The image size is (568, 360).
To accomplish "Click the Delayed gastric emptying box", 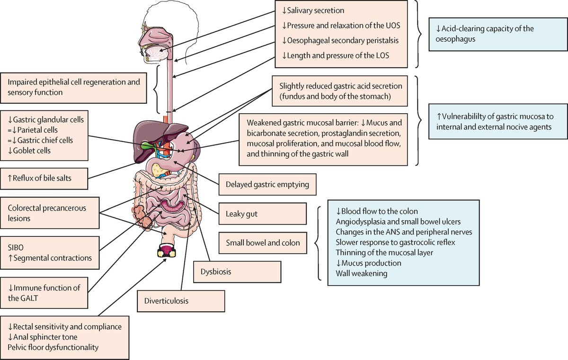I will click(267, 185).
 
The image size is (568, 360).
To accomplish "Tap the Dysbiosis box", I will click(238, 272).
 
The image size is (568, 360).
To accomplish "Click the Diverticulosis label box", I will click(181, 300).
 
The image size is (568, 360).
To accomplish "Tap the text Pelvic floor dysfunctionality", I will click(53, 347).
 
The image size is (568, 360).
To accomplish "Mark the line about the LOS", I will click(335, 55).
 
